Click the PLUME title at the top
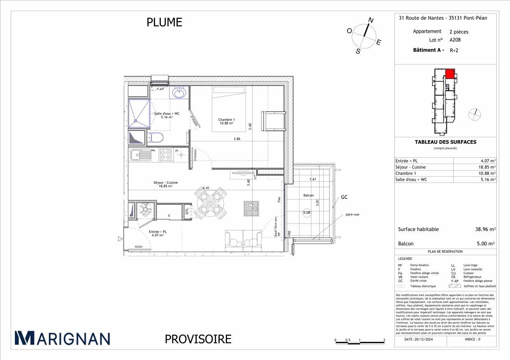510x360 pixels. (x=164, y=22)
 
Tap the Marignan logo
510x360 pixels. (x=63, y=338)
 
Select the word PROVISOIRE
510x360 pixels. (x=198, y=339)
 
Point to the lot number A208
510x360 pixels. (x=455, y=40)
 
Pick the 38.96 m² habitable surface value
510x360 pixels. (x=485, y=229)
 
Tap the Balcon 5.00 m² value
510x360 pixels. (x=485, y=244)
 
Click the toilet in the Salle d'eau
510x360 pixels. (x=157, y=137)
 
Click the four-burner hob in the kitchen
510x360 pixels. (x=165, y=155)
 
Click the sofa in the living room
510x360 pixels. (x=243, y=241)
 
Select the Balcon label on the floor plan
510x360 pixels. (x=308, y=196)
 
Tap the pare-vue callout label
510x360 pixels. (x=352, y=214)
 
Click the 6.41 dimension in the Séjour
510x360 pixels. (x=206, y=188)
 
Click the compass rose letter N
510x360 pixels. (x=370, y=20)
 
